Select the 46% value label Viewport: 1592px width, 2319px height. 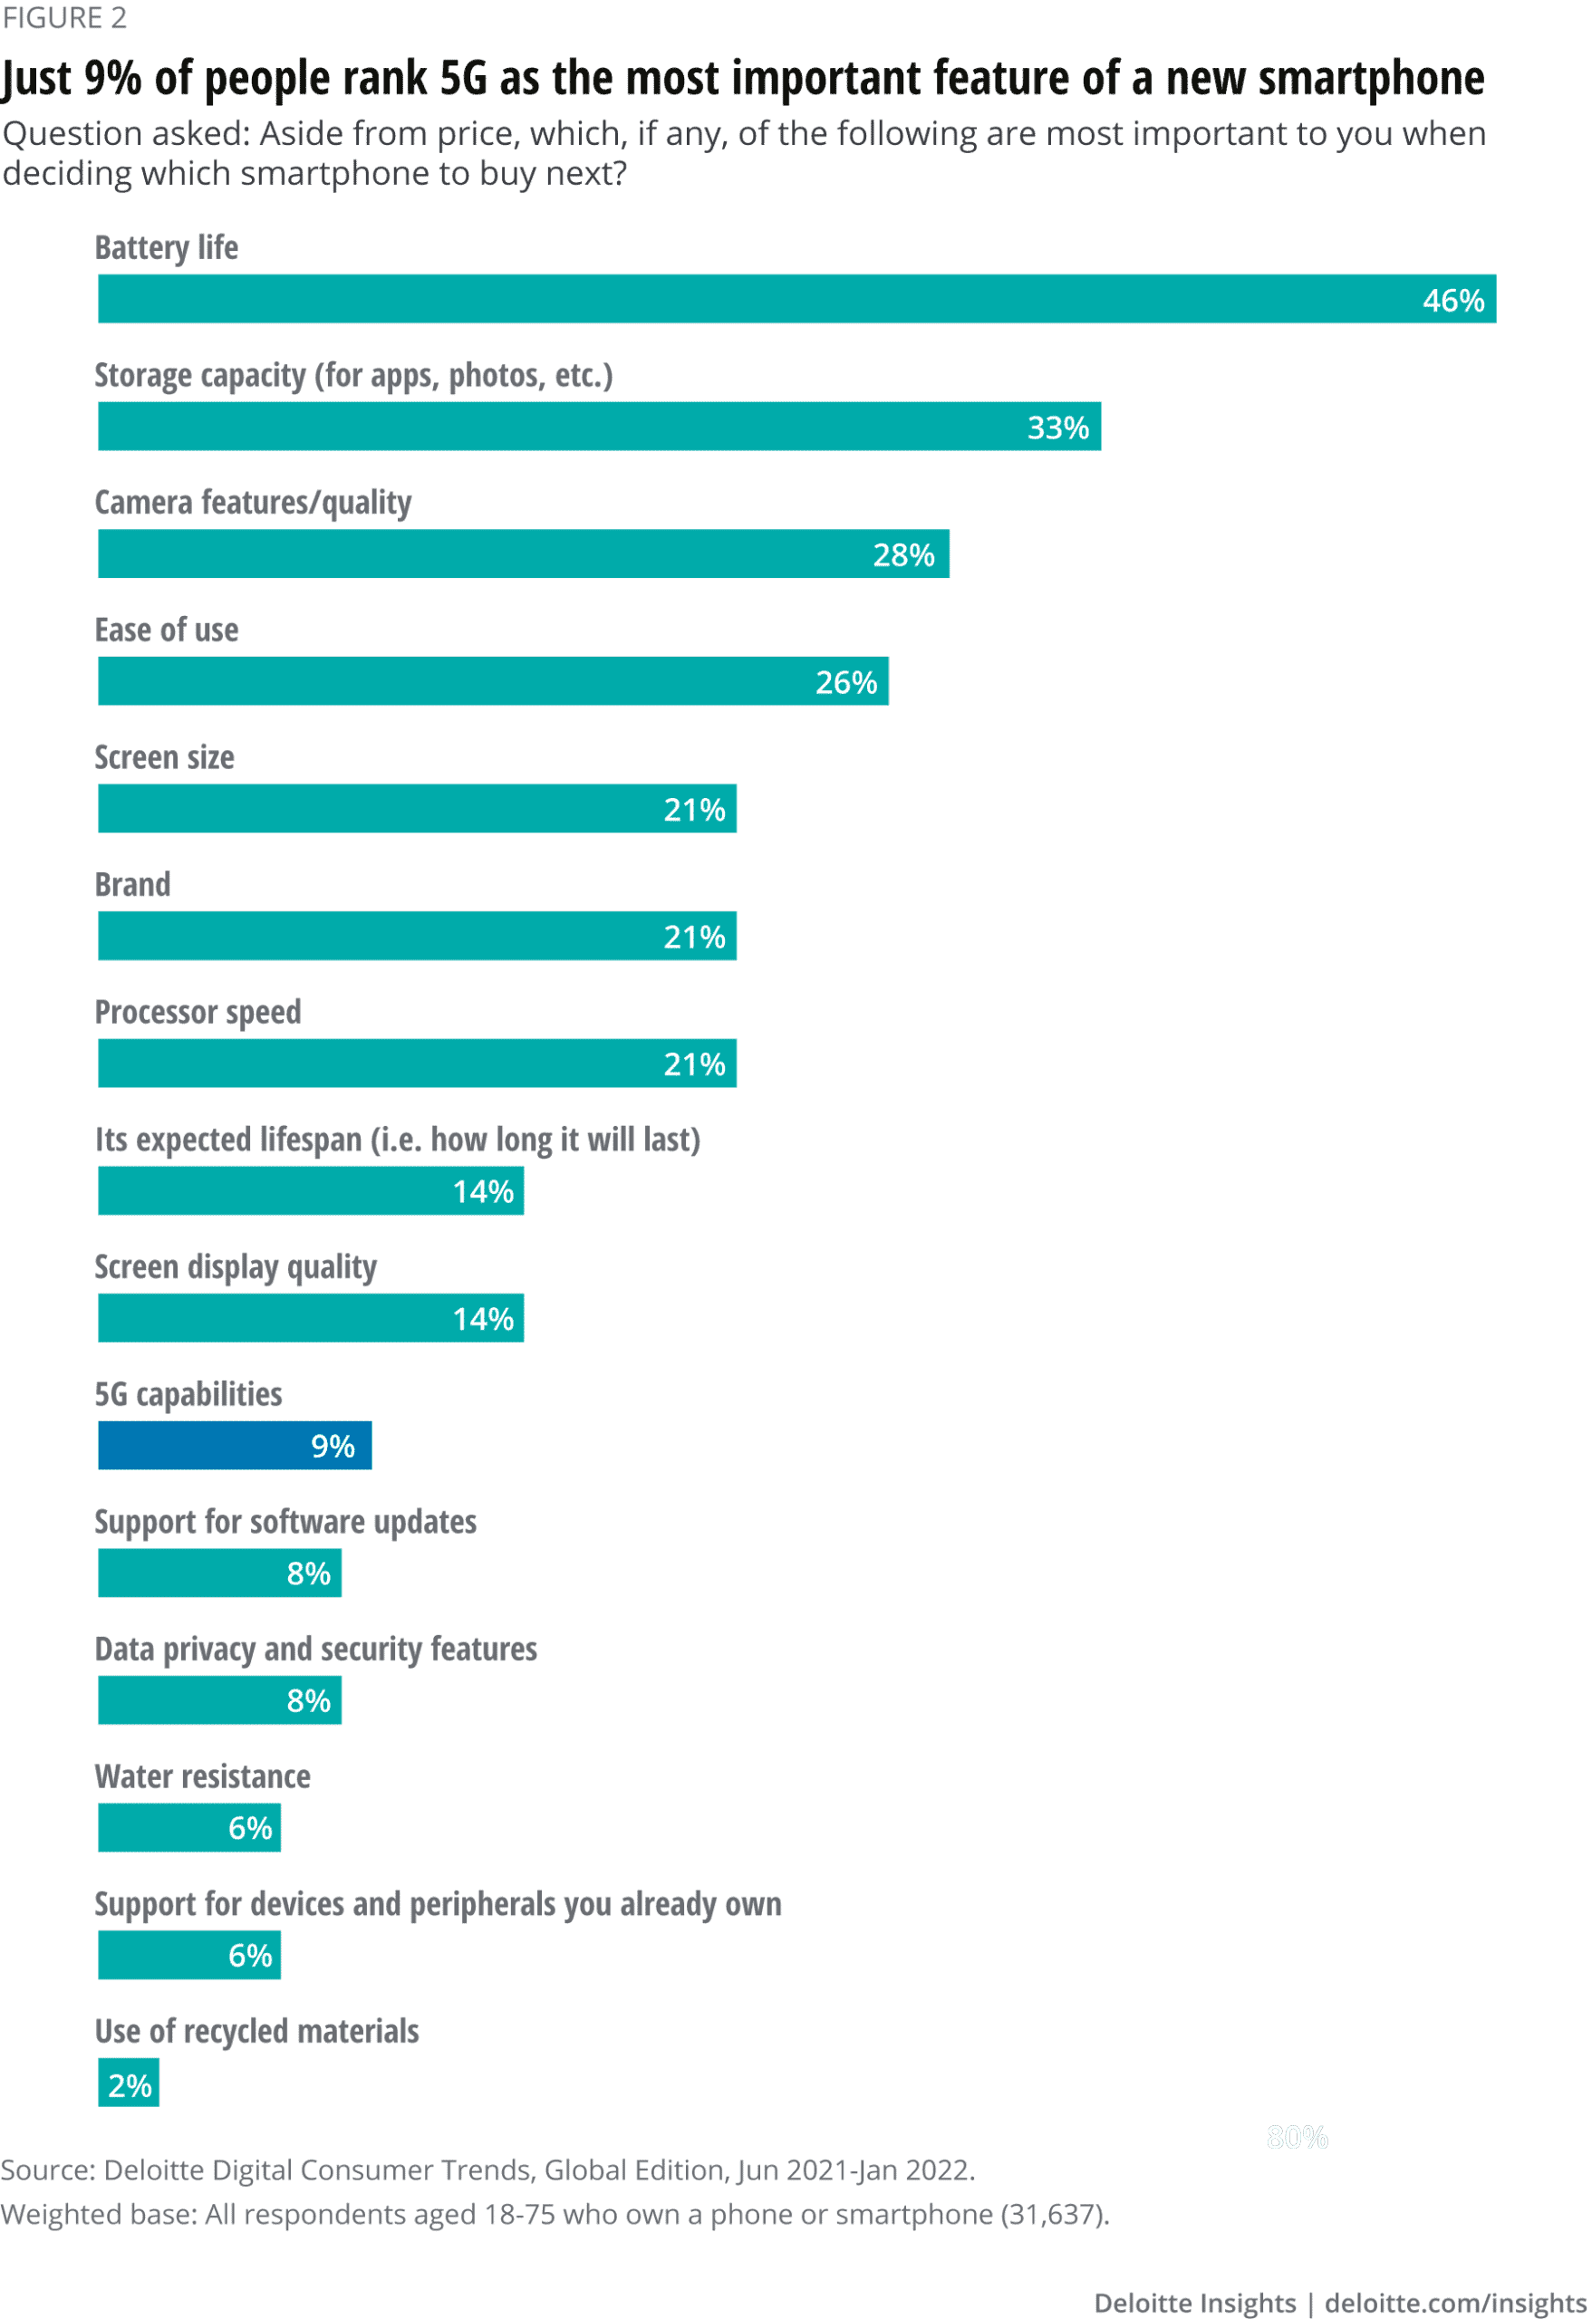tap(1452, 301)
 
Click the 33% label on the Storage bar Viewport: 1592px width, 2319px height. tap(1057, 427)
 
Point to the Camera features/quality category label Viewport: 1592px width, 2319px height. tap(253, 502)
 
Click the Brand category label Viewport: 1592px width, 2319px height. tap(131, 884)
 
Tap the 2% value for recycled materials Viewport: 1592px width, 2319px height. tap(130, 2084)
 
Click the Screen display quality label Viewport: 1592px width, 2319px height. tap(236, 1266)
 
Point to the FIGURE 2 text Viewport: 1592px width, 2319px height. tap(64, 17)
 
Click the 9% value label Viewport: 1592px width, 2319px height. tap(333, 1446)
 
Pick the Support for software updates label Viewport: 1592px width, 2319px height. tap(285, 1522)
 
